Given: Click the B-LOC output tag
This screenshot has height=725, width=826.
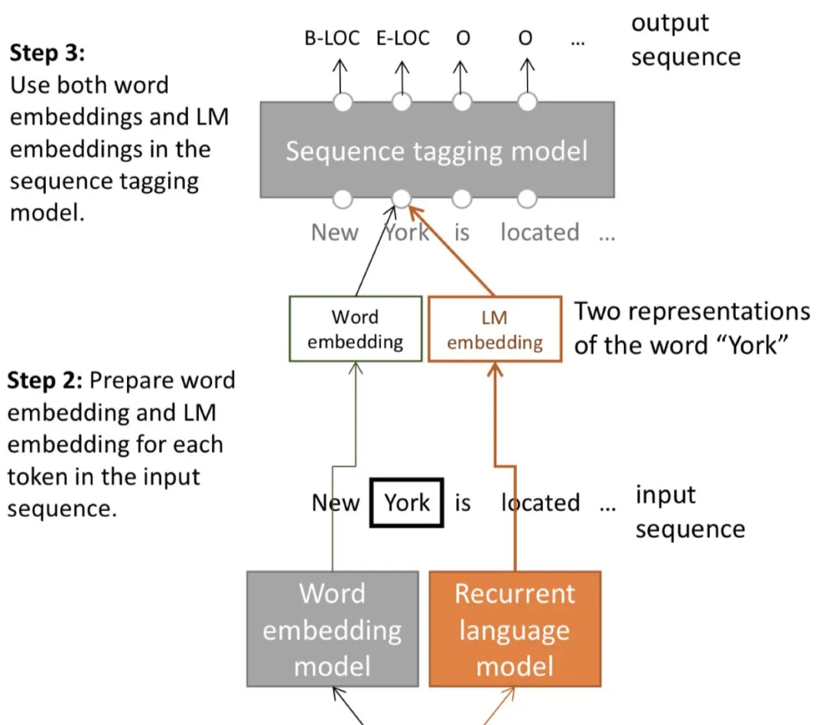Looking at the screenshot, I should click(331, 38).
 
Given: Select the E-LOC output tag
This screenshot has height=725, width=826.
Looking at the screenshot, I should click(402, 38).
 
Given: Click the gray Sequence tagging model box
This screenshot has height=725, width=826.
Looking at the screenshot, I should click(437, 150).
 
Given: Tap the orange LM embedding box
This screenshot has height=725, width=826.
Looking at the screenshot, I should click(494, 330).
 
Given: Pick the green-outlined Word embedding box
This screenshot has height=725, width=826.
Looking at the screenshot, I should click(355, 329).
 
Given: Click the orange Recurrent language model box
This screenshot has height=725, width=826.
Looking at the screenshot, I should click(515, 629).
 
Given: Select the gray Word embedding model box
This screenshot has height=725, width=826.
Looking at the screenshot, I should click(332, 629).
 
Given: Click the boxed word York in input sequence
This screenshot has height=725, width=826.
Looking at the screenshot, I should click(407, 502).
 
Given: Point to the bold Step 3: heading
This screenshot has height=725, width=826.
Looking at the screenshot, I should click(48, 53).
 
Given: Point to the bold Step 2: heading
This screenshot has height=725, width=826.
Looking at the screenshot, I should click(47, 380).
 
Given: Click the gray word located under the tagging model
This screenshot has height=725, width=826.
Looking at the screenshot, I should click(539, 232).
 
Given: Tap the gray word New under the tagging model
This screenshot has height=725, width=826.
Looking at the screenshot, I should click(334, 232).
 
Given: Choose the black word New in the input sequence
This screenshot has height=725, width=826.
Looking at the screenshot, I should click(335, 502).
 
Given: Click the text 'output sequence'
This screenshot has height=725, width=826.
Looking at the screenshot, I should click(685, 40).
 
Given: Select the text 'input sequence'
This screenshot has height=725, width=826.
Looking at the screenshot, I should click(689, 512).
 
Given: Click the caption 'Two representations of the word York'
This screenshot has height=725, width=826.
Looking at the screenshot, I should click(691, 327).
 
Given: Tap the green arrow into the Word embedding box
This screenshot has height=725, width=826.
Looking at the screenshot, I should click(354, 428).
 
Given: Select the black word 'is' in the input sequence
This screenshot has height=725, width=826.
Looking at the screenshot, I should click(463, 502).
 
